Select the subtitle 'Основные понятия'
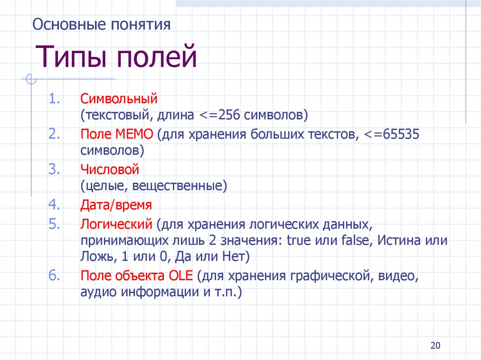point(101,24)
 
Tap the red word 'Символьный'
point(118,100)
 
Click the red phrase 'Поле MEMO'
point(117,135)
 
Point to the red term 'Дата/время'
point(116,205)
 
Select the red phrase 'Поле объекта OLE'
point(137,276)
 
